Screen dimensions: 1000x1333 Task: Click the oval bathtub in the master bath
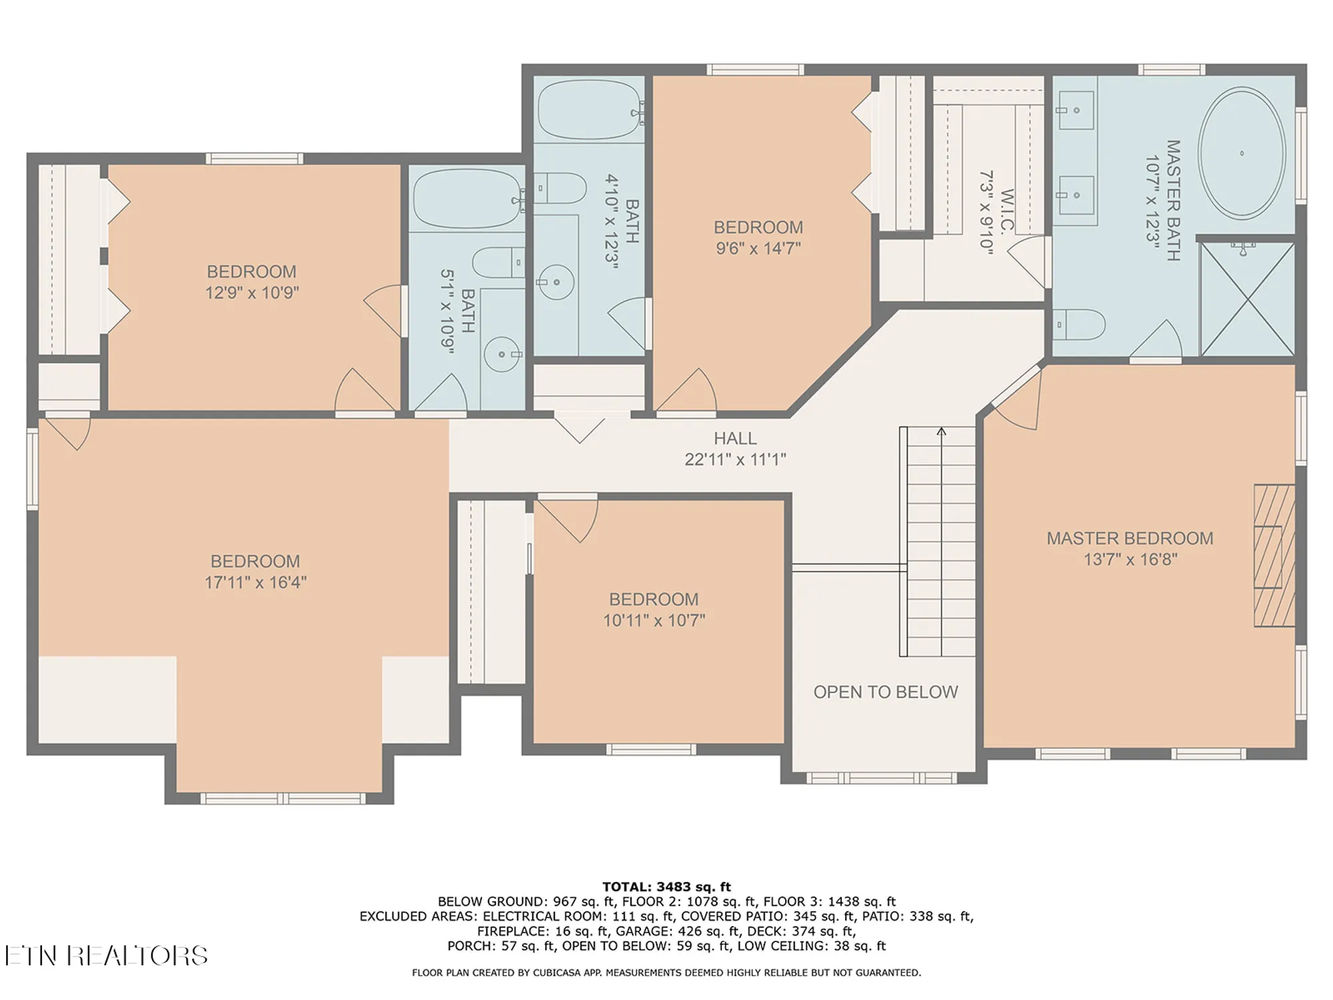coord(1241,153)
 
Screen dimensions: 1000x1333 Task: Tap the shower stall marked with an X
coord(1247,299)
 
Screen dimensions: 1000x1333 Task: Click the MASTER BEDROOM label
coord(1130,539)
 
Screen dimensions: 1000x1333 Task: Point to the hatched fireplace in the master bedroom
coord(1274,556)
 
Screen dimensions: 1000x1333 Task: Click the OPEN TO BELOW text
coord(885,692)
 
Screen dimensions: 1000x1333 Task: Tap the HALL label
coord(735,439)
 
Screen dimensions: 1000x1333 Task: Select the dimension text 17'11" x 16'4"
coord(255,582)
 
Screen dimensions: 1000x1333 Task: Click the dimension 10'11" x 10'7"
coord(654,620)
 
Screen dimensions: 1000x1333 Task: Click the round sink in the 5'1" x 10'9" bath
coord(501,354)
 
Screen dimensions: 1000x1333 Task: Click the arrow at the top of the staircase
coord(941,432)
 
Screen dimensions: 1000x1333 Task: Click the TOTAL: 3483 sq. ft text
coord(666,887)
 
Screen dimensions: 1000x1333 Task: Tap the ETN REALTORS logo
coord(107,955)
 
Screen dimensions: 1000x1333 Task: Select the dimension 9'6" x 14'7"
coord(758,248)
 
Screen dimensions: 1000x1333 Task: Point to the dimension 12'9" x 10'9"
coord(252,293)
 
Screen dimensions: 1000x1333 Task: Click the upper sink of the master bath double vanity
coord(1075,111)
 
